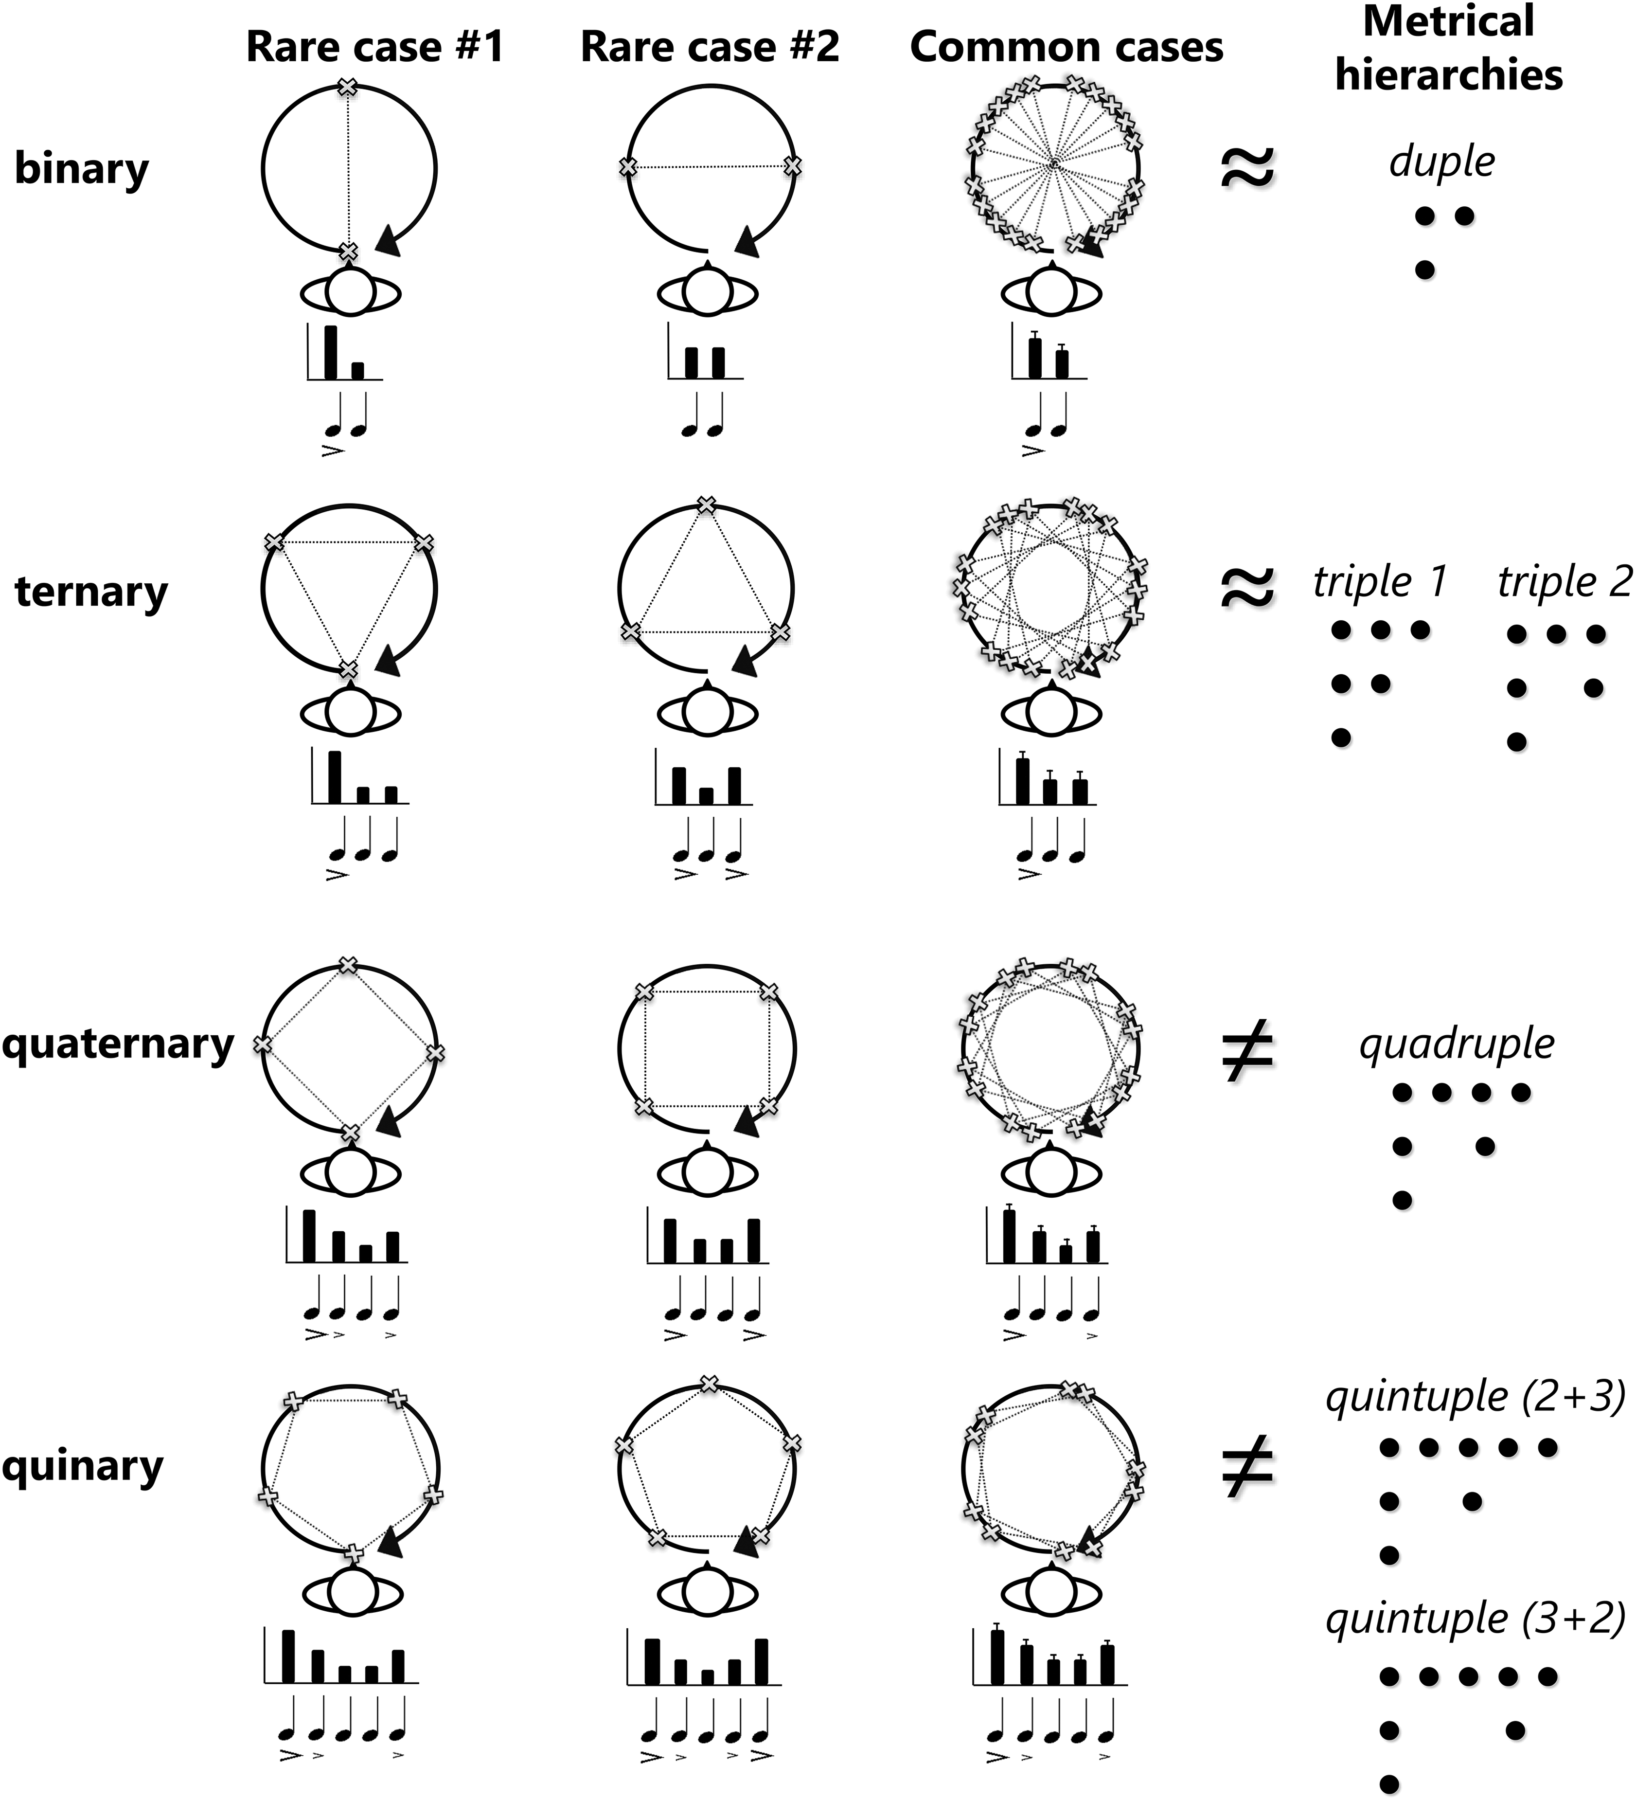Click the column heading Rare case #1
(375, 46)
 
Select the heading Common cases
(1067, 46)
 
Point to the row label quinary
(83, 1466)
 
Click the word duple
(1441, 162)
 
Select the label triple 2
(1564, 582)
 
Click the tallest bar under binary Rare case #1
(330, 353)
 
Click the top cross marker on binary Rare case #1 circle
(348, 88)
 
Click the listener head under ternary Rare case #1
(350, 713)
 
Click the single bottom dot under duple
(1425, 270)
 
